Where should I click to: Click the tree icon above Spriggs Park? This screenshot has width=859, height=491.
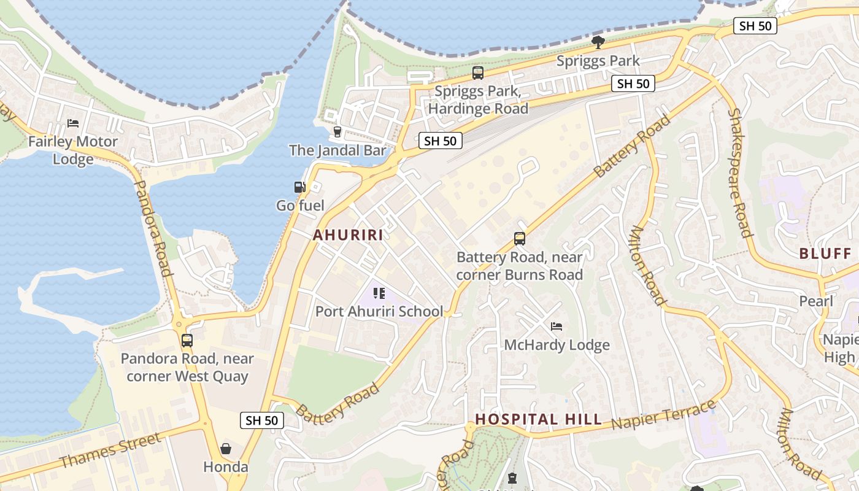(598, 42)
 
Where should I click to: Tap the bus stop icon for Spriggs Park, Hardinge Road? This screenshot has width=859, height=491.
(477, 73)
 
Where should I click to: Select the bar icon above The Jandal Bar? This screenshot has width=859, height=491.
(337, 131)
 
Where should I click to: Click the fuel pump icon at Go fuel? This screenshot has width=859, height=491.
(299, 187)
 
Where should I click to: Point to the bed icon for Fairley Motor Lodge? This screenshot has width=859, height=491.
(73, 123)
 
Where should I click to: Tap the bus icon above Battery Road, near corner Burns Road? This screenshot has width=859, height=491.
(519, 239)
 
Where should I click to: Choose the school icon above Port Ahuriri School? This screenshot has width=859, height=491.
(379, 293)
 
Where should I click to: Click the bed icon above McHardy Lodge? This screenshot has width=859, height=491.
(557, 327)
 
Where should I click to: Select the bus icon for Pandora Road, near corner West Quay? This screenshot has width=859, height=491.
(187, 340)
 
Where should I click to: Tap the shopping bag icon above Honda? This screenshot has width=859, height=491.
(226, 449)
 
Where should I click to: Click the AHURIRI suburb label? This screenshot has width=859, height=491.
(348, 235)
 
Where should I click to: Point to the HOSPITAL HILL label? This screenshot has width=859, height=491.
(539, 419)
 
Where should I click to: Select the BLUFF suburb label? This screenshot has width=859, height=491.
(825, 253)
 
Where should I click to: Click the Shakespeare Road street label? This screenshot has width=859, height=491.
(739, 172)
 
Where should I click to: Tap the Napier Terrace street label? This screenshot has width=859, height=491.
(663, 415)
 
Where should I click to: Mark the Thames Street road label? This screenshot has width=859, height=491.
(111, 449)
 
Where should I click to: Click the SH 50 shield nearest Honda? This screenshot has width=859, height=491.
(262, 420)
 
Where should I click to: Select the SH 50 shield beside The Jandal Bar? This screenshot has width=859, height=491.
(440, 141)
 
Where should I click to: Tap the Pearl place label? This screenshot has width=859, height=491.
(816, 301)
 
